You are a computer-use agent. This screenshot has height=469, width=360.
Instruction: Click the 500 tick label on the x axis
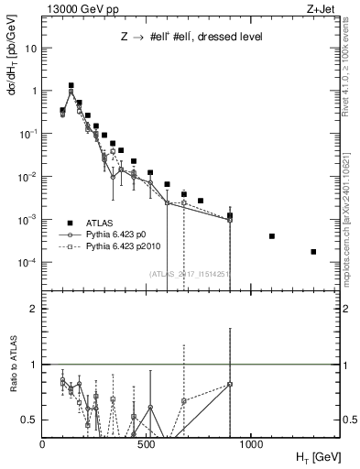pos(147,442)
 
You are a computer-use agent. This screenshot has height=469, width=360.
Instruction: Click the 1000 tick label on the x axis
pos(250,442)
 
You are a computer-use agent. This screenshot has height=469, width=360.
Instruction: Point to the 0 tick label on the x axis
pos(42,442)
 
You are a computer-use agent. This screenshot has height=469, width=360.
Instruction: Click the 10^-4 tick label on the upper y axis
pos(29,263)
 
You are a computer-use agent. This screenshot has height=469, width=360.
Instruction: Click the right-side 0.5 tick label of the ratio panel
pos(347,420)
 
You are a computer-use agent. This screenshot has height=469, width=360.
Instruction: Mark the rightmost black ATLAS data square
pos(313,251)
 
